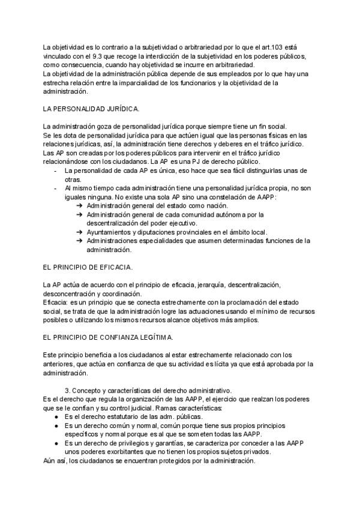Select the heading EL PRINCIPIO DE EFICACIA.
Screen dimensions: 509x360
[x=88, y=266]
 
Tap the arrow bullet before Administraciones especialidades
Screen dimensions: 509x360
[x=80, y=241]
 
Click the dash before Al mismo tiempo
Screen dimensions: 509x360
[x=55, y=188]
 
